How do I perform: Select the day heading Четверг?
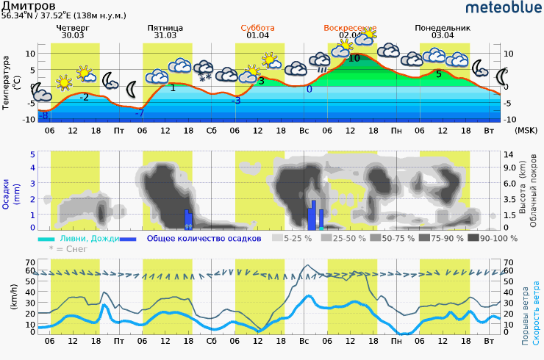point(73,28)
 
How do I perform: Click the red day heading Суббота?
point(257,28)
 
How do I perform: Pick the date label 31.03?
point(165,35)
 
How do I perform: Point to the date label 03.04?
point(443,35)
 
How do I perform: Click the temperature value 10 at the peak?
point(354,58)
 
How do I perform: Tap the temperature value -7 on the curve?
point(139,113)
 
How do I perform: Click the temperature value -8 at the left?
point(44,116)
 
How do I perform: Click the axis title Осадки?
point(7,195)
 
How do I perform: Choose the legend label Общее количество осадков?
point(204,238)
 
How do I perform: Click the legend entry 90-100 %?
point(498,238)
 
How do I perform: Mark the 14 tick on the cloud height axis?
point(507,154)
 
